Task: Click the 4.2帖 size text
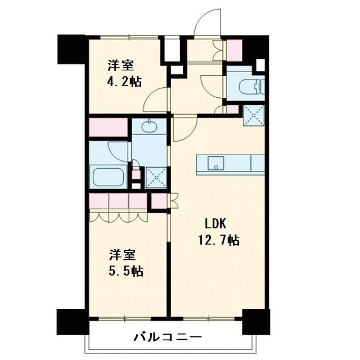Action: click(123, 81)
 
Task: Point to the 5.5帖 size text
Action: click(125, 271)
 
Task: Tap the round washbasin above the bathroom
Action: click(149, 126)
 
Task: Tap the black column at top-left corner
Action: click(71, 49)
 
